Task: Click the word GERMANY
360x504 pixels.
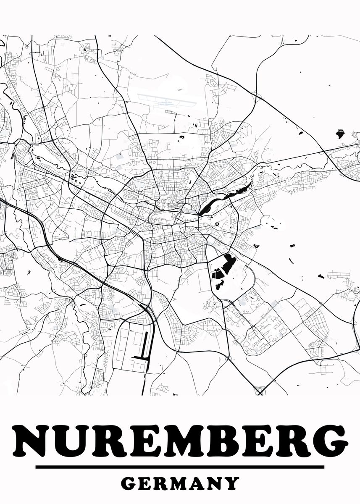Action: click(180, 483)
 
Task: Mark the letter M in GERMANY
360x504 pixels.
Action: click(178, 483)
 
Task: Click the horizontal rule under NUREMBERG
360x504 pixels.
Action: click(180, 467)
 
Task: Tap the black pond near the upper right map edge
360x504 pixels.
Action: click(340, 135)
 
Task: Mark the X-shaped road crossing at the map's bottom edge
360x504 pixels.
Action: click(260, 392)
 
